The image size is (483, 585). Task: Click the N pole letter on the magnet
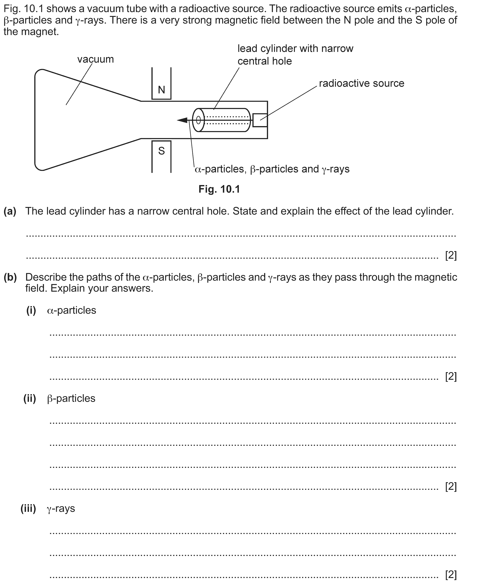click(161, 90)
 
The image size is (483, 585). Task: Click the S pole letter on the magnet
click(161, 151)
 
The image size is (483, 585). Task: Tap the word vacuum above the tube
click(95, 59)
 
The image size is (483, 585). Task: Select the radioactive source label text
click(361, 83)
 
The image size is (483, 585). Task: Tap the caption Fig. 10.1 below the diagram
click(219, 189)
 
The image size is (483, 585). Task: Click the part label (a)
click(10, 211)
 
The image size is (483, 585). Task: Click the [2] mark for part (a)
click(451, 255)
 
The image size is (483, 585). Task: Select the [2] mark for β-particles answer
click(451, 486)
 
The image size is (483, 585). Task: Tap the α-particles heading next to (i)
click(72, 310)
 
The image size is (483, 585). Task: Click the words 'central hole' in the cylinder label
click(265, 61)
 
